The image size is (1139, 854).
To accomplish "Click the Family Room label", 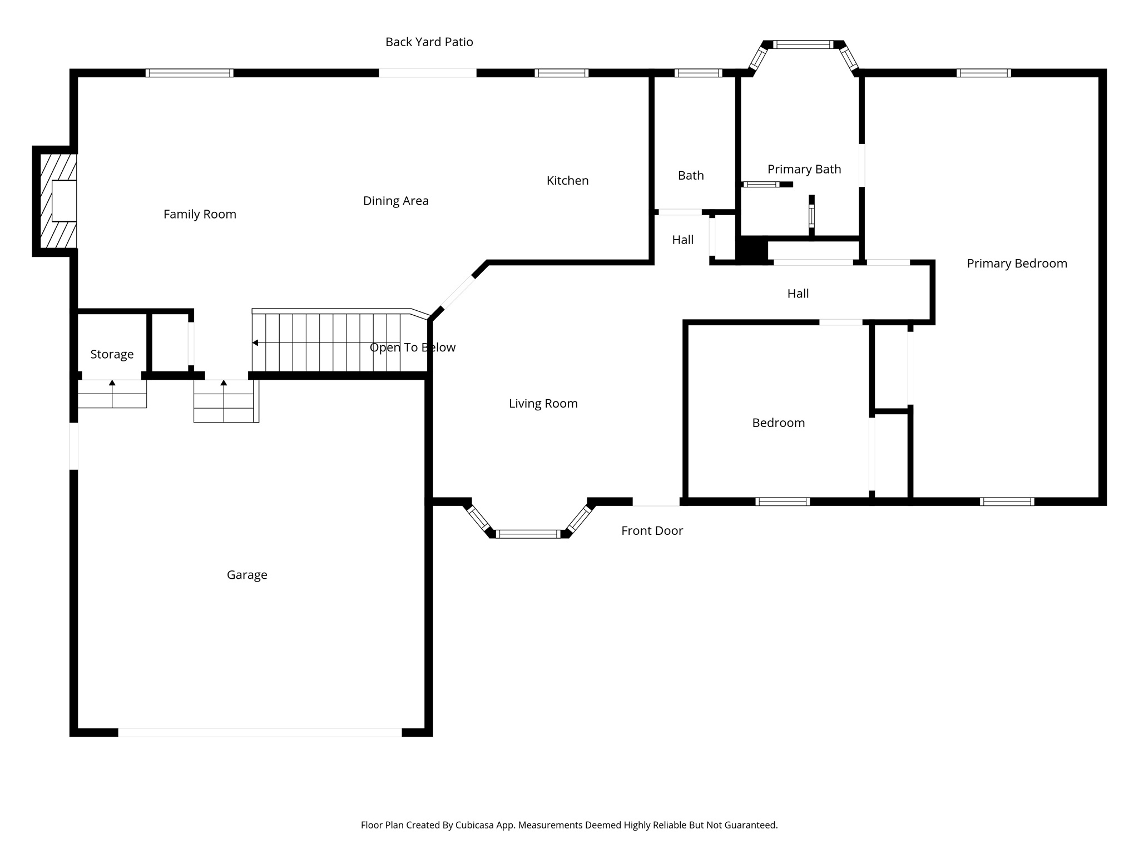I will tap(200, 214).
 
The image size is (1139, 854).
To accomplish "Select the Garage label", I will tap(247, 575).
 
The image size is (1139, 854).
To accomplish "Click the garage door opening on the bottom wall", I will tap(260, 732).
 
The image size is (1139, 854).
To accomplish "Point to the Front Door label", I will tap(652, 531).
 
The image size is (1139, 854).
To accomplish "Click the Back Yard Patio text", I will tap(429, 42).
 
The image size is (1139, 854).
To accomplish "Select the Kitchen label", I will tap(567, 181).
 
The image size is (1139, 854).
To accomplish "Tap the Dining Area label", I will tap(395, 201).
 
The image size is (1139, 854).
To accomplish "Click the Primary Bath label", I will tap(804, 170).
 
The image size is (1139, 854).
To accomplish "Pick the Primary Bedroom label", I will tap(1017, 264).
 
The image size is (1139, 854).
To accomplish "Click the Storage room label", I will tap(112, 355).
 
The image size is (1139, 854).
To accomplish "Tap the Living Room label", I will tap(543, 404).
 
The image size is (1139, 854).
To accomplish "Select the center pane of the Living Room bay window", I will tap(528, 534).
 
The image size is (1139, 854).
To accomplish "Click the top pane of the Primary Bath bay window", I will tap(803, 45).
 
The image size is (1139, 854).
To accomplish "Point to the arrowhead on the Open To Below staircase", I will tap(255, 343).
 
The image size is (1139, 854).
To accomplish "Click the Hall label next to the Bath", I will tap(682, 240).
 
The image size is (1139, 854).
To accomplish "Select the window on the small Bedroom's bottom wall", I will tap(783, 502).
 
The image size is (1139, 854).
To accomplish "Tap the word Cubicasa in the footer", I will tap(477, 825).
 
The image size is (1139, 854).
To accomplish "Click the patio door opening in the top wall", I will tap(427, 73).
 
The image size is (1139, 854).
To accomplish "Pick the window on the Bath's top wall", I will tap(698, 73).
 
